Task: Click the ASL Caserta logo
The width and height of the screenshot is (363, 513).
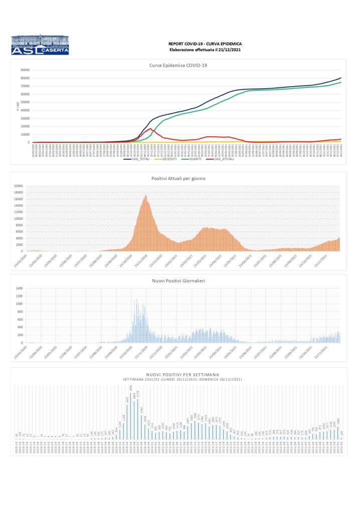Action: click(x=40, y=45)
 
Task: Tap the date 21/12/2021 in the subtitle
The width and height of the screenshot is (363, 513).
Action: click(x=217, y=50)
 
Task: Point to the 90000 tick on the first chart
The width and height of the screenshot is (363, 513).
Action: click(x=23, y=70)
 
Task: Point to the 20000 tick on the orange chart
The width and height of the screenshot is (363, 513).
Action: click(x=18, y=186)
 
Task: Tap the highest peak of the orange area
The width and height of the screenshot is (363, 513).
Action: click(x=145, y=195)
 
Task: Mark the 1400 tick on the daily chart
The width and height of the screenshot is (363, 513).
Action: click(x=19, y=289)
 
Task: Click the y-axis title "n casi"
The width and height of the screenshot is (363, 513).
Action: click(x=17, y=106)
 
